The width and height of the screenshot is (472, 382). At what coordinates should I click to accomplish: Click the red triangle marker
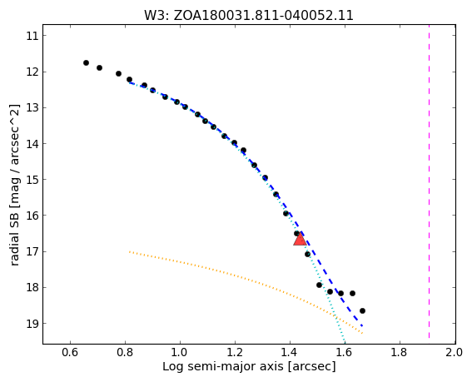300,240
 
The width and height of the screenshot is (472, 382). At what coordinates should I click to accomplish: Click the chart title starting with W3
249,15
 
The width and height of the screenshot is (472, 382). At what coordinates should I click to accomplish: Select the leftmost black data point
86,63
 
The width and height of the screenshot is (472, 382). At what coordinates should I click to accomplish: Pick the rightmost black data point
362,310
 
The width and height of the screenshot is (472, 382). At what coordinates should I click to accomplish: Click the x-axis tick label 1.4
290,352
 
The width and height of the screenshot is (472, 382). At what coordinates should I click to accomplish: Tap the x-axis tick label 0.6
70,352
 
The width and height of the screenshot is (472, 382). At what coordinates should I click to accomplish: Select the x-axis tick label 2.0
455,352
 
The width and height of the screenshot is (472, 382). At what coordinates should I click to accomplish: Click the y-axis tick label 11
32,36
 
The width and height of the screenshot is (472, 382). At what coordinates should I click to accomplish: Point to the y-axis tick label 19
32,324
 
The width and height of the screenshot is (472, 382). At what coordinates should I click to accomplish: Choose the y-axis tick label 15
32,180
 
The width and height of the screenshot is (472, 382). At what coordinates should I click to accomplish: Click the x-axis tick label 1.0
180,352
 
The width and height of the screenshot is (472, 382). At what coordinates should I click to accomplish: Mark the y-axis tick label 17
32,251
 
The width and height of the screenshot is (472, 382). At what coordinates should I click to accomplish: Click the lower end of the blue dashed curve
362,325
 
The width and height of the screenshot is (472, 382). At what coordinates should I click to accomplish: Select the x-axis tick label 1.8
400,352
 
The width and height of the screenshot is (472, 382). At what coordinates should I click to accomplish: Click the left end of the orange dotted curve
129,251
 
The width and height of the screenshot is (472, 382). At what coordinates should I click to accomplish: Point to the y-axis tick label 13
32,107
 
